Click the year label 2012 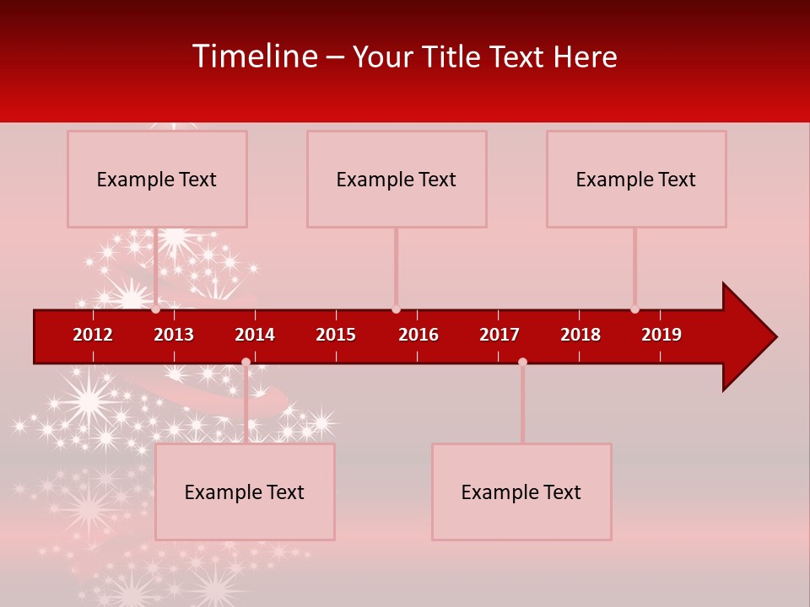click(x=93, y=335)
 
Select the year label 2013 click(x=174, y=335)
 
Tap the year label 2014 click(x=255, y=335)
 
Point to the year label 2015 click(x=336, y=335)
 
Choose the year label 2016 click(x=418, y=335)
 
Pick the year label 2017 click(x=499, y=335)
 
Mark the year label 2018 click(x=580, y=335)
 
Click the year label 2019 click(x=661, y=335)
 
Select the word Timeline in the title click(x=254, y=56)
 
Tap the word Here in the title click(x=585, y=57)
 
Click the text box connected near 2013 click(x=157, y=179)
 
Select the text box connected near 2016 click(x=397, y=179)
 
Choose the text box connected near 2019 click(x=636, y=179)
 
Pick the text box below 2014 click(x=245, y=492)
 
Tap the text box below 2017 click(x=521, y=492)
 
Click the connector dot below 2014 click(x=246, y=362)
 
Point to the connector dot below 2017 click(x=522, y=362)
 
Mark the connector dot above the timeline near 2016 click(x=396, y=309)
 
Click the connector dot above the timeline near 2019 click(x=634, y=309)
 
